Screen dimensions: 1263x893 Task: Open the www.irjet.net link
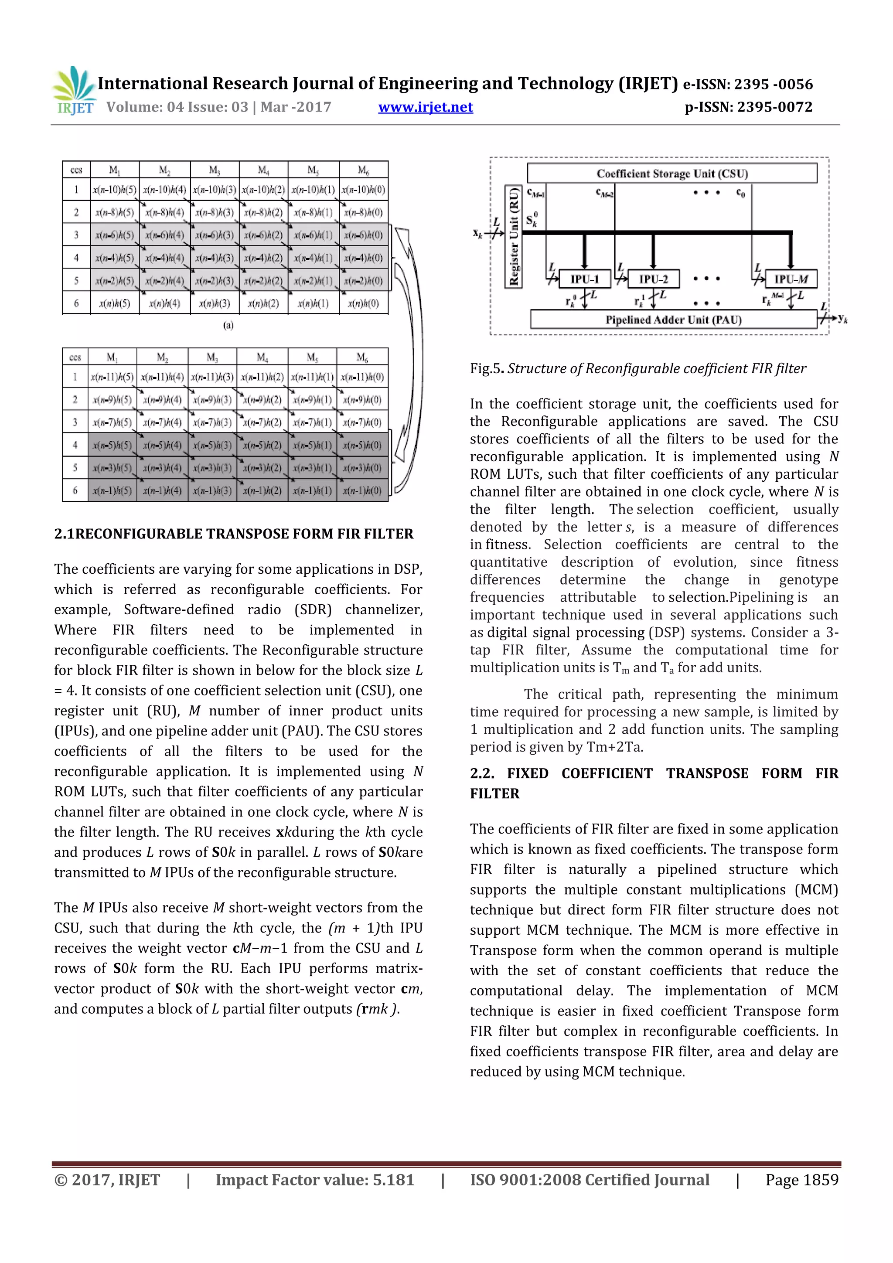[x=425, y=107]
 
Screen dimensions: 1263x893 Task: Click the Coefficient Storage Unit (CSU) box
[x=672, y=173]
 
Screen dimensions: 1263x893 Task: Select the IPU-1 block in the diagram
[x=584, y=279]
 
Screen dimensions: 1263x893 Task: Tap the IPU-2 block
[x=653, y=279]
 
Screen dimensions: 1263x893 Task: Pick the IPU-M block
[x=791, y=279]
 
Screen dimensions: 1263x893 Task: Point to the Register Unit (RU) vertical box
[x=513, y=237]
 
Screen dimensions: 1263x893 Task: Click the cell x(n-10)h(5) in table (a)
[x=114, y=190]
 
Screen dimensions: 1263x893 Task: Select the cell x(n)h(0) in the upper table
[x=363, y=303]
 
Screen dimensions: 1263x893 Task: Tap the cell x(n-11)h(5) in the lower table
[x=112, y=377]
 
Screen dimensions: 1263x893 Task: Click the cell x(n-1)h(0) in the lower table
[x=362, y=490]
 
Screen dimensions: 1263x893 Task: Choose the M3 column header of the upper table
[x=214, y=170]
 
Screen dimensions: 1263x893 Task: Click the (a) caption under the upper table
[x=228, y=325]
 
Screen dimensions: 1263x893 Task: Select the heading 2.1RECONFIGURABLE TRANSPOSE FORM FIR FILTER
[x=234, y=534]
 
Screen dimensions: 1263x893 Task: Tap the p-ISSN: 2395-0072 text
[x=748, y=107]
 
